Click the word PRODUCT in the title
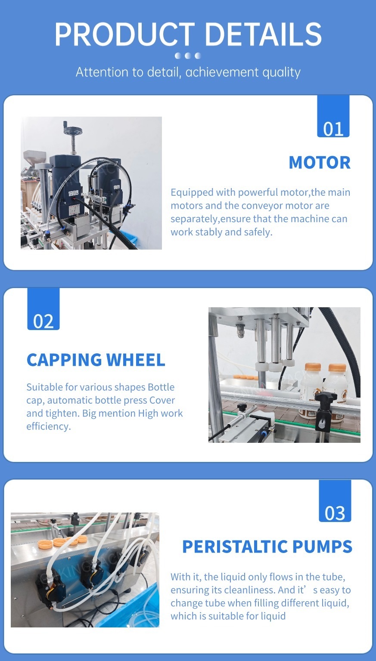click(x=124, y=34)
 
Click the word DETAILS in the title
click(x=263, y=34)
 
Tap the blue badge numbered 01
click(x=333, y=116)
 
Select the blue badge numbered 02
click(x=44, y=309)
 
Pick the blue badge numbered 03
click(x=335, y=501)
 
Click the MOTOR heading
click(x=320, y=163)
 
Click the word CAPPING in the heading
click(x=64, y=360)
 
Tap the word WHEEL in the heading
click(x=136, y=360)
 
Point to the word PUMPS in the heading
click(x=323, y=547)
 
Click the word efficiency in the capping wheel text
click(x=48, y=427)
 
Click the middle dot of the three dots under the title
click(x=187, y=56)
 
